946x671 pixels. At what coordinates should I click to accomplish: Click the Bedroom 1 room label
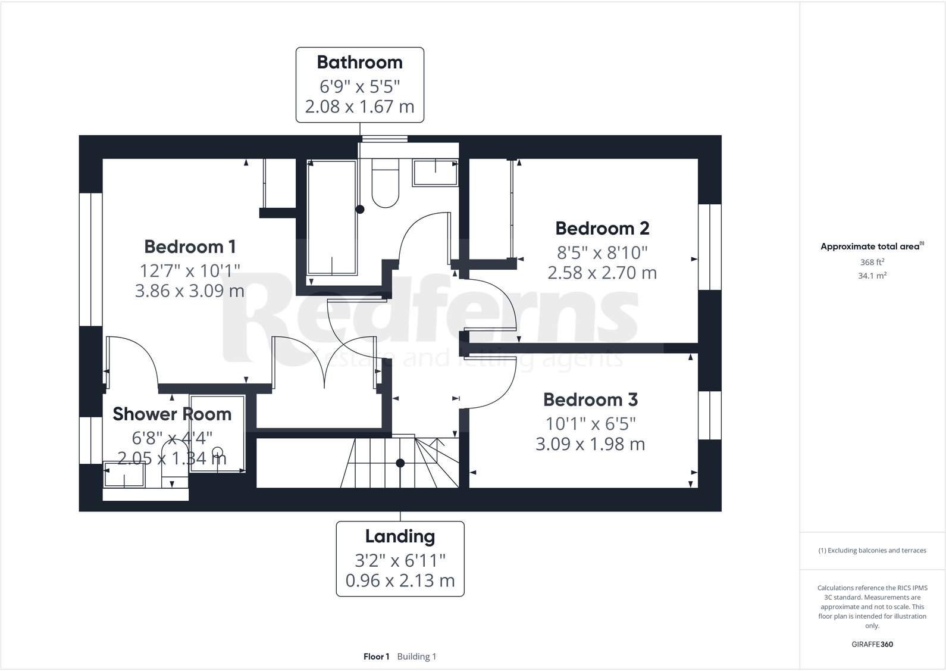point(190,246)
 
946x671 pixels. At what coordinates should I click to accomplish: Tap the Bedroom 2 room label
point(602,228)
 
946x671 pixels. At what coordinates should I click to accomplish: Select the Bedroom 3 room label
point(590,400)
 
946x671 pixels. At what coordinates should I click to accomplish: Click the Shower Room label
point(172,414)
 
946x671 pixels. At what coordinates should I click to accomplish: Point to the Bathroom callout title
point(359,62)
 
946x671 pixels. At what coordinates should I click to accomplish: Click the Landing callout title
point(400,536)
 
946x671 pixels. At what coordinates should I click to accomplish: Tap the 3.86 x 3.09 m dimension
point(190,291)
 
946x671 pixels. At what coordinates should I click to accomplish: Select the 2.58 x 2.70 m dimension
point(602,273)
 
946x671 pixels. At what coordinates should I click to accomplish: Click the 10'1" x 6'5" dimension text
point(590,424)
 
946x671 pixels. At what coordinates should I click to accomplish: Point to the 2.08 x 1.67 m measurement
point(359,107)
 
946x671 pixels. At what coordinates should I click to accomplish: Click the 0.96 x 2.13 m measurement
point(400,581)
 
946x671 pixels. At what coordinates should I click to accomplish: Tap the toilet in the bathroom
point(385,184)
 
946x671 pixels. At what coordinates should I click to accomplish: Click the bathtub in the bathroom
point(332,217)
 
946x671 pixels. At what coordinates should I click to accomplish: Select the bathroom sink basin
point(436,173)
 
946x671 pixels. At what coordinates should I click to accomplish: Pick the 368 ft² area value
point(872,262)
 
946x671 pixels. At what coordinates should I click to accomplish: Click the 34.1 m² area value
point(872,276)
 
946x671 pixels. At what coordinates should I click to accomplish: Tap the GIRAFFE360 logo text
point(872,644)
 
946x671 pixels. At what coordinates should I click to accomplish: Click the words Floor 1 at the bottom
point(376,657)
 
